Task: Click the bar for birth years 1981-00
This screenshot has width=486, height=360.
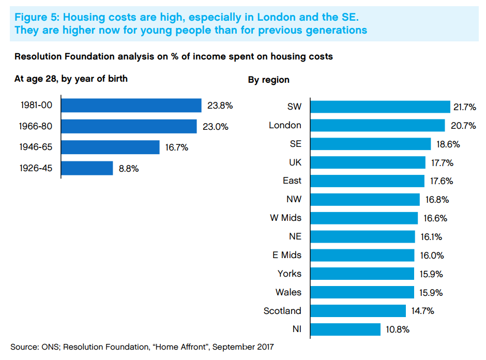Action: click(x=131, y=106)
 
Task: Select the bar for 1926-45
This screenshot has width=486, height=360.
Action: click(x=87, y=168)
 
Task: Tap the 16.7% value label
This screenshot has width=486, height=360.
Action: click(x=176, y=147)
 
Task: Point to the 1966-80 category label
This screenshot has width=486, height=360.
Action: click(x=36, y=126)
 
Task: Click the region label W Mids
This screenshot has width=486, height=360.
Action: click(x=285, y=218)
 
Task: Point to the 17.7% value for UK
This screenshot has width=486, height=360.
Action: click(x=442, y=163)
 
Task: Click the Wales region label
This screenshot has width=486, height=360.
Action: click(x=288, y=292)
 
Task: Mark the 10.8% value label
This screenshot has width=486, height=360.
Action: click(x=398, y=329)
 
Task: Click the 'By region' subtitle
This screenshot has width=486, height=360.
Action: click(x=269, y=80)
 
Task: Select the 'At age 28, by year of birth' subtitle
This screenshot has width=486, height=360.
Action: click(x=71, y=79)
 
